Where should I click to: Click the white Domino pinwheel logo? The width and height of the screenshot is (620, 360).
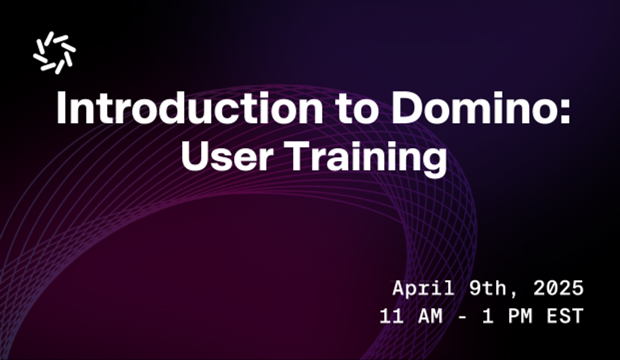click(x=54, y=52)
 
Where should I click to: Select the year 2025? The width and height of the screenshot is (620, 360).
click(x=558, y=288)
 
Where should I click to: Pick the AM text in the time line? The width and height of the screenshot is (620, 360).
click(x=431, y=317)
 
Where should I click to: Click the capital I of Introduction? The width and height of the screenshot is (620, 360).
click(x=61, y=108)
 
